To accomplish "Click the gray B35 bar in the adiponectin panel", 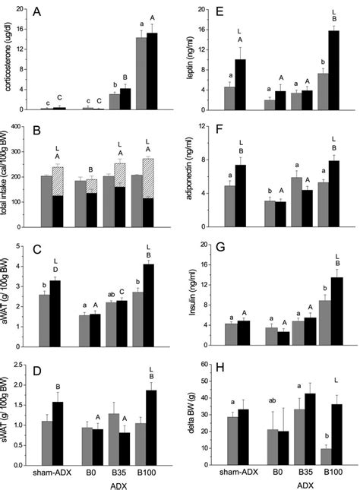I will pyautogui.click(x=296, y=201).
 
